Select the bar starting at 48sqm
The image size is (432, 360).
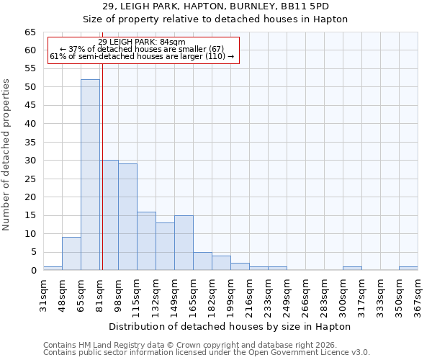point(71,253)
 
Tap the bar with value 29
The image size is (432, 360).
point(127,217)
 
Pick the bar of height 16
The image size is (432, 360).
point(146,240)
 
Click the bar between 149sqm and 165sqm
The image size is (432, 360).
point(184,243)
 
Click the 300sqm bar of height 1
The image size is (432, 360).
point(352,269)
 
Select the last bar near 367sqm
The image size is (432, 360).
point(408,269)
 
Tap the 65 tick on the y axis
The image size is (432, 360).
point(30,32)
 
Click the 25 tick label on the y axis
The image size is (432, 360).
point(30,179)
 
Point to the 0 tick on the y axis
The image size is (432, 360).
point(32,271)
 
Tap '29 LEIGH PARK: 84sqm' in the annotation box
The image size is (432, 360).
point(142,42)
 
